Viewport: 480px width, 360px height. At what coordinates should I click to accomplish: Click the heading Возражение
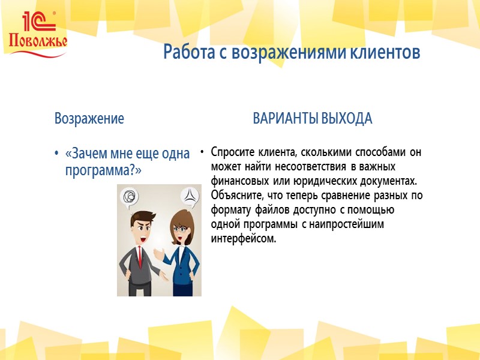pyautogui.click(x=89, y=118)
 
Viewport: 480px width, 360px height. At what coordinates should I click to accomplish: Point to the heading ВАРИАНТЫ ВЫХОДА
pyautogui.click(x=313, y=118)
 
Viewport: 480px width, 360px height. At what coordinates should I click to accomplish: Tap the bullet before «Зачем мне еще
pyautogui.click(x=57, y=154)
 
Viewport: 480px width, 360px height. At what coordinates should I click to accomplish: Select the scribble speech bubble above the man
pyautogui.click(x=129, y=197)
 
